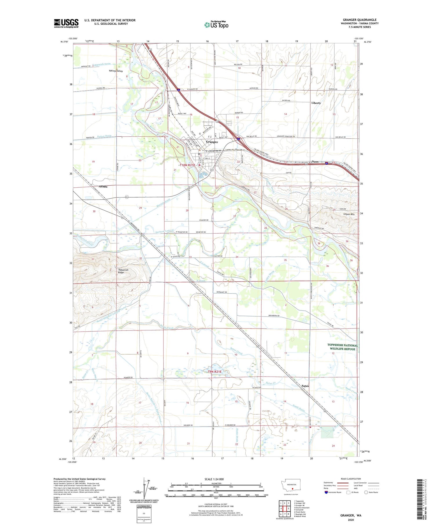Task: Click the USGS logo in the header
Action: pyautogui.click(x=66, y=23)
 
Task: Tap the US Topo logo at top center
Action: pyautogui.click(x=216, y=25)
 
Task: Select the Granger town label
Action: pyautogui.click(x=212, y=142)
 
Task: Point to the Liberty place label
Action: pyautogui.click(x=316, y=103)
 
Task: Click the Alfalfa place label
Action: pyautogui.click(x=103, y=187)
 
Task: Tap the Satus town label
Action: pyautogui.click(x=305, y=386)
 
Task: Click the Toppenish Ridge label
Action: pyautogui.click(x=123, y=271)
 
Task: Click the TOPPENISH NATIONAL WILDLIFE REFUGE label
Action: pyautogui.click(x=342, y=347)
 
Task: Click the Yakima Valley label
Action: pyautogui.click(x=116, y=71)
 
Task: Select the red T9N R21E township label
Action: pyautogui.click(x=215, y=372)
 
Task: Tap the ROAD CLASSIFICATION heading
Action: pyautogui.click(x=351, y=479)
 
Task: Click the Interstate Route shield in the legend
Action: pyautogui.click(x=326, y=492)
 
